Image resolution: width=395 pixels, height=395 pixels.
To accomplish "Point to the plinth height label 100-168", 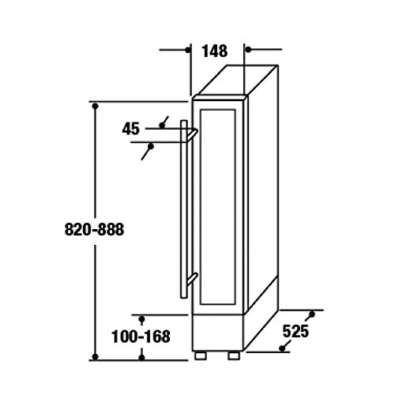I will (142, 337).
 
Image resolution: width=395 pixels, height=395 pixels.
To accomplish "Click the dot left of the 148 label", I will (189, 50).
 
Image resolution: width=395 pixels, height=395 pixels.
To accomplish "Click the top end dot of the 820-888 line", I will (95, 104).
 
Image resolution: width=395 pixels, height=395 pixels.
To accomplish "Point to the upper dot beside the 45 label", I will (162, 123).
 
